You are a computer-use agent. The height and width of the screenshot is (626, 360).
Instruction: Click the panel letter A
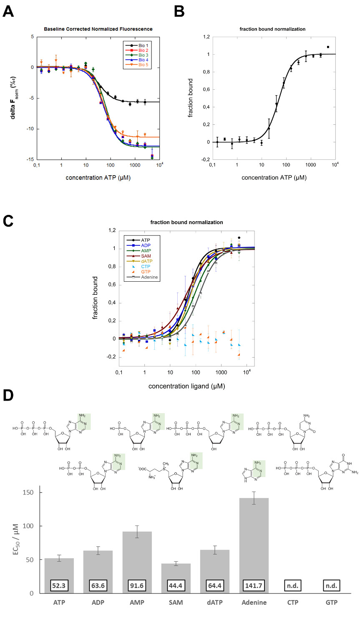point(8,11)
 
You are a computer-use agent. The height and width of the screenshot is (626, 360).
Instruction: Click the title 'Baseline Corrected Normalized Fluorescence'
point(98,29)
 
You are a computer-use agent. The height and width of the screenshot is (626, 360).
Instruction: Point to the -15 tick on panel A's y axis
point(31,159)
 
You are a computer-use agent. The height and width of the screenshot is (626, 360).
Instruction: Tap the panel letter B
point(179,11)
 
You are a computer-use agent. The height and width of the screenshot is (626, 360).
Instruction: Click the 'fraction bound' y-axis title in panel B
point(191,98)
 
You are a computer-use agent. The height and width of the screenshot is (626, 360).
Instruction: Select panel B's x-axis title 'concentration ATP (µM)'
point(274,178)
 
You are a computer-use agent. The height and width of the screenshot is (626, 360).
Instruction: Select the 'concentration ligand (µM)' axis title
point(186,386)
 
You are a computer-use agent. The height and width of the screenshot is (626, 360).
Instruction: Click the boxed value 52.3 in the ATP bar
point(59,586)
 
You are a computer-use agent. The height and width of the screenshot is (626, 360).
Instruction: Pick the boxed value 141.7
point(254,586)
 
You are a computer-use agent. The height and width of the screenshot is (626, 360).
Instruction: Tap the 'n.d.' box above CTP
point(292,586)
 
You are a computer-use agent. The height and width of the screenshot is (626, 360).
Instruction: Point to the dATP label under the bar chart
point(214,602)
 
